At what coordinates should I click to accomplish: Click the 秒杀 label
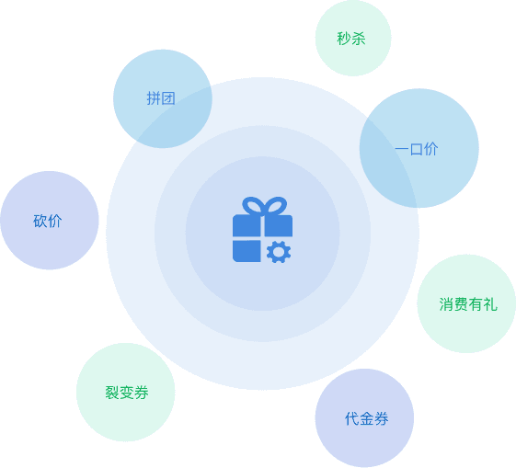pos(351,39)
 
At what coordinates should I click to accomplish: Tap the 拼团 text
pos(161,98)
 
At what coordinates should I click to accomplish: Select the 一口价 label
pos(417,149)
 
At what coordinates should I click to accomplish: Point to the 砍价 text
pos(48,221)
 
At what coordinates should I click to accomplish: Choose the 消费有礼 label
pos(468,304)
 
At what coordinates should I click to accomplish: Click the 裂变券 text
pos(127,393)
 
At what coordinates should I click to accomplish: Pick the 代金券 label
pos(367,418)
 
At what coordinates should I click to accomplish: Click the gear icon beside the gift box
pos(279,252)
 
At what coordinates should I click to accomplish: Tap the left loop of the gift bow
pos(252,206)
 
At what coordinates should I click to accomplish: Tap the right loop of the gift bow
pos(276,206)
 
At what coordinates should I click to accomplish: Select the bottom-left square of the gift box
pos(247,251)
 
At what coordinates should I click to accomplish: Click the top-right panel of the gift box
pos(279,225)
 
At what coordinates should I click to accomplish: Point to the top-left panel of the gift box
pos(247,225)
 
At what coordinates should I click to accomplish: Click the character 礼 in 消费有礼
pos(490,304)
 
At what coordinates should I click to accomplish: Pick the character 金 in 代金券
pos(367,418)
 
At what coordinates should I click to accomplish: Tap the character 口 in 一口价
pos(417,149)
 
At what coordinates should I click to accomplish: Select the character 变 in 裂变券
pos(127,393)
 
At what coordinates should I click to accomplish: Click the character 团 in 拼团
pos(168,98)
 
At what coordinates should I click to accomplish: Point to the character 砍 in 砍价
pos(40,221)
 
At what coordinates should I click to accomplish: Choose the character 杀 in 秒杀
pos(359,39)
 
